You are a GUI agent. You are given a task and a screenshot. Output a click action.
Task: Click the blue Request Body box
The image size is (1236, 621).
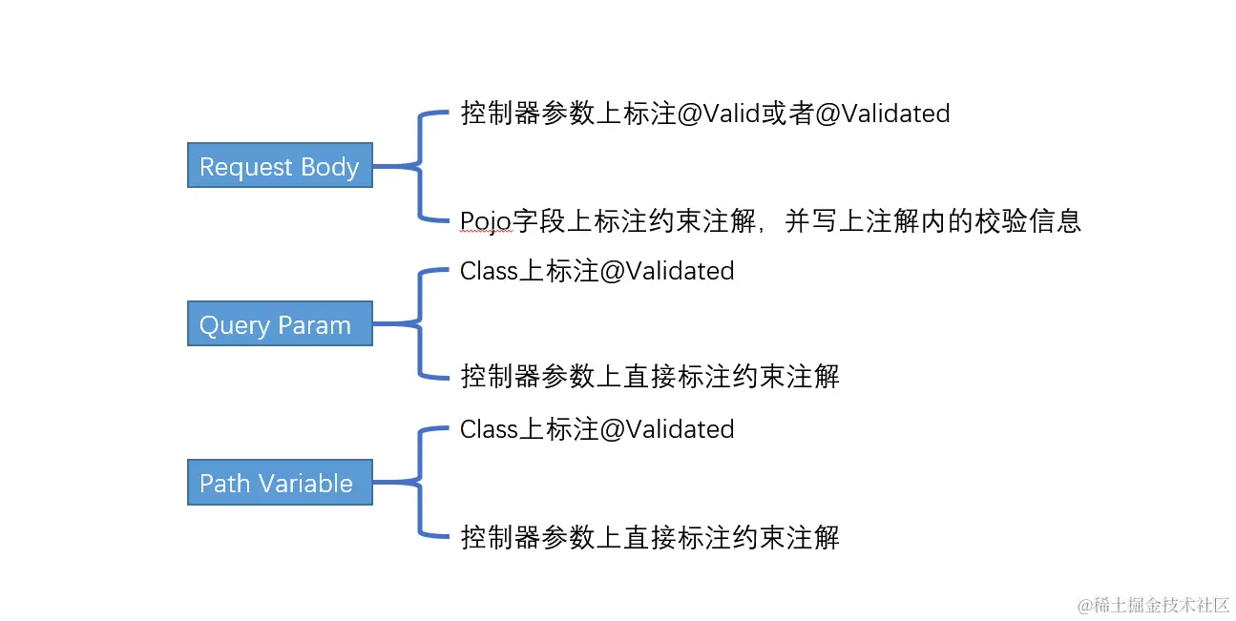[280, 166]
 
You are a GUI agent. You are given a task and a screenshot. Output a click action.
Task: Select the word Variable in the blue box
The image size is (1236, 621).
[306, 483]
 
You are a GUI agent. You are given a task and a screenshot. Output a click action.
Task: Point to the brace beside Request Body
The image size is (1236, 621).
[421, 167]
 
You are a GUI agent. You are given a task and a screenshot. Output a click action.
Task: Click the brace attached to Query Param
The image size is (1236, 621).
[421, 325]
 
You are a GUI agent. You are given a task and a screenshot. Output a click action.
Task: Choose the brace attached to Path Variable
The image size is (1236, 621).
[421, 483]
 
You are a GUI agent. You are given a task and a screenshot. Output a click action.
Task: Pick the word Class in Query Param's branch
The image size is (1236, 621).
[489, 271]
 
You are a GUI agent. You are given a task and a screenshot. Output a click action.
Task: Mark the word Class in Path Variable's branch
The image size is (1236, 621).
[489, 429]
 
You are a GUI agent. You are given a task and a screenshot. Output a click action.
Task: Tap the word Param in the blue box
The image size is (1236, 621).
[315, 325]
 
